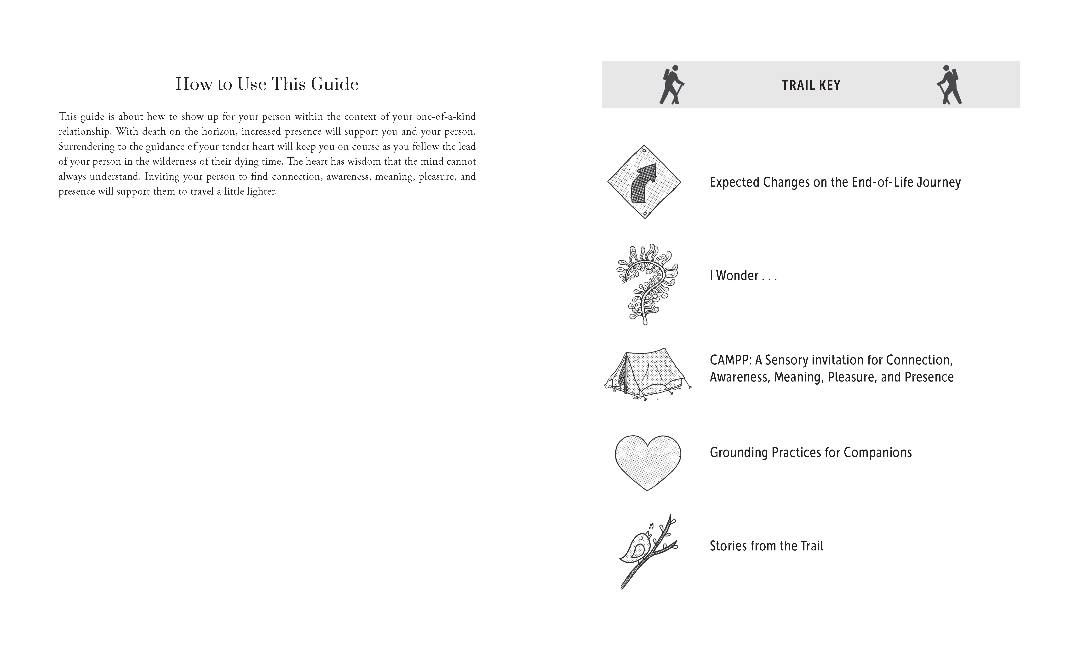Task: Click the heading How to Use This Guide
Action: [267, 84]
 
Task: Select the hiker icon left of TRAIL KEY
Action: [671, 85]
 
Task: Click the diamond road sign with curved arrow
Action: [644, 182]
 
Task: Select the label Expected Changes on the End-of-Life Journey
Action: [835, 182]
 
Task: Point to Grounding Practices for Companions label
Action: [810, 453]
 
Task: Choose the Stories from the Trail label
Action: [766, 546]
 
